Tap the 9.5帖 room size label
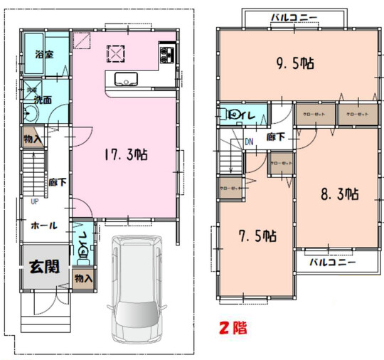point(295,63)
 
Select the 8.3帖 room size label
point(338,194)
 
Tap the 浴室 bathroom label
point(45,54)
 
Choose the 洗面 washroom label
point(43,100)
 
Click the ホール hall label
point(44,226)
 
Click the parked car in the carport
point(138,290)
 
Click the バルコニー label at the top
point(294,16)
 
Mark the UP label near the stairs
point(33,201)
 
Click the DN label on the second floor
point(249,141)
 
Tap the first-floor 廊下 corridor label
point(58,183)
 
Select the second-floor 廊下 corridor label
point(276,136)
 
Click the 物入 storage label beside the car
point(83,277)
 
